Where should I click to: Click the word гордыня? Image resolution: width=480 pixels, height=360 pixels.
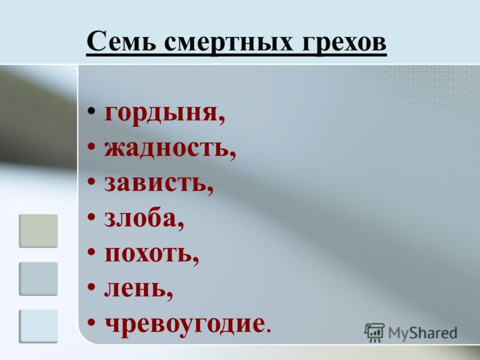coord(161,114)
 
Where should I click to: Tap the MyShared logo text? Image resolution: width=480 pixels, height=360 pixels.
coord(422,333)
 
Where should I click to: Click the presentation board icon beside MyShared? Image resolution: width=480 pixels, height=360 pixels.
coord(374,332)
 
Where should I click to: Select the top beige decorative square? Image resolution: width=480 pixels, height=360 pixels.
coord(38,231)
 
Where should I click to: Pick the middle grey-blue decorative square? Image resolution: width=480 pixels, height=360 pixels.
coord(38,278)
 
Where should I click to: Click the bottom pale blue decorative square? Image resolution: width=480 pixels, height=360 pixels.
coord(38,326)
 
